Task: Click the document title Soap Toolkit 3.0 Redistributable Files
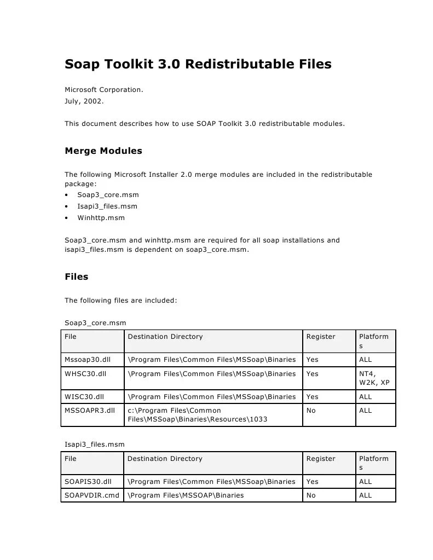[198, 65]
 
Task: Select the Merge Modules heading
[103, 151]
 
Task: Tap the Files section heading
[77, 276]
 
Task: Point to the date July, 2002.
[84, 101]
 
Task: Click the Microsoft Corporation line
[104, 89]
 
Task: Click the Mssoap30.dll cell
[84, 360]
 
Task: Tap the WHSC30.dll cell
[83, 373]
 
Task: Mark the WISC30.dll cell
[82, 397]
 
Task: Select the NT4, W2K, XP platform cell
[374, 378]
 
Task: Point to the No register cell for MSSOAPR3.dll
[311, 411]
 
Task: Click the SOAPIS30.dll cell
[88, 482]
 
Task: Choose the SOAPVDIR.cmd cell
[91, 495]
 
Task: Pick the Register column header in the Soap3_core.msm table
[320, 337]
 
